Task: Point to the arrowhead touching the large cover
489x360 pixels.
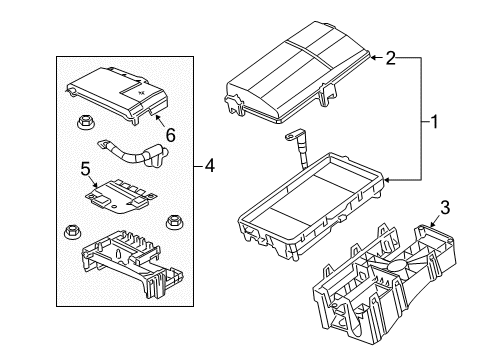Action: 373,60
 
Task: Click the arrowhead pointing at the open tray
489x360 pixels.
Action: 388,180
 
